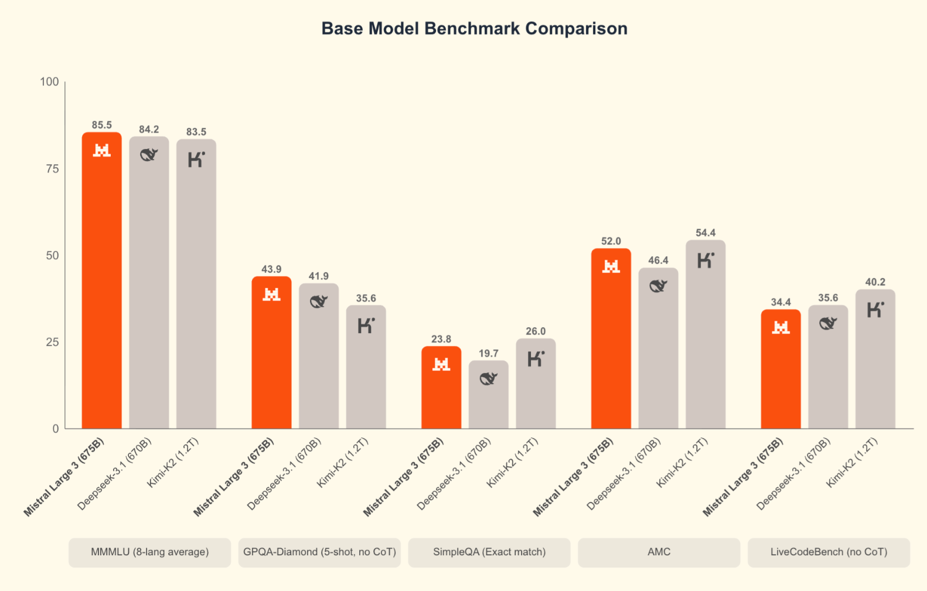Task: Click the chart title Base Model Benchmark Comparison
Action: pyautogui.click(x=474, y=29)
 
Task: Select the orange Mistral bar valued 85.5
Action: pyautogui.click(x=102, y=281)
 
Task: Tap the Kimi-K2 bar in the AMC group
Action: pyautogui.click(x=706, y=340)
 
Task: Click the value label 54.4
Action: pyautogui.click(x=706, y=233)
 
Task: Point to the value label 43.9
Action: pyautogui.click(x=271, y=269)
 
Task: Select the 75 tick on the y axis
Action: pyautogui.click(x=53, y=169)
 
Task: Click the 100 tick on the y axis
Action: pyautogui.click(x=50, y=82)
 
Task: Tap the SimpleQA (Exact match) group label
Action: pyautogui.click(x=489, y=552)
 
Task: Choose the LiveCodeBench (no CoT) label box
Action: pyautogui.click(x=829, y=552)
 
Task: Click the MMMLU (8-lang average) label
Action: pyautogui.click(x=149, y=552)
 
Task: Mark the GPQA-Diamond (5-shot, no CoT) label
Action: pyautogui.click(x=319, y=552)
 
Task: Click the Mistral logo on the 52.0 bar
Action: pyautogui.click(x=611, y=267)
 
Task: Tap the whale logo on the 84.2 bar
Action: pyautogui.click(x=149, y=155)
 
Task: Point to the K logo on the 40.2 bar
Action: pyautogui.click(x=875, y=310)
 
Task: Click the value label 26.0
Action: pyautogui.click(x=536, y=331)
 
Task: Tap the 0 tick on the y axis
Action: pyautogui.click(x=56, y=429)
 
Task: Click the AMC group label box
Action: pyautogui.click(x=659, y=552)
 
